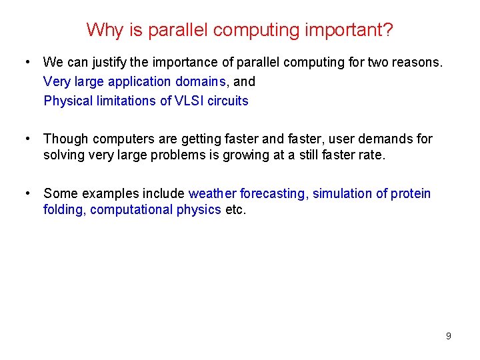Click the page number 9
[448, 336]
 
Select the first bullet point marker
[27, 62]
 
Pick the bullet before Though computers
[27, 139]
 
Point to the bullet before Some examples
[27, 193]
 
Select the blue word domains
[204, 81]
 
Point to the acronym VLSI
[188, 101]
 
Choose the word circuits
[228, 101]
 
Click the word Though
[66, 139]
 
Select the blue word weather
[212, 193]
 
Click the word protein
[411, 193]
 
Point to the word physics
[199, 210]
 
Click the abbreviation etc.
[235, 210]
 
